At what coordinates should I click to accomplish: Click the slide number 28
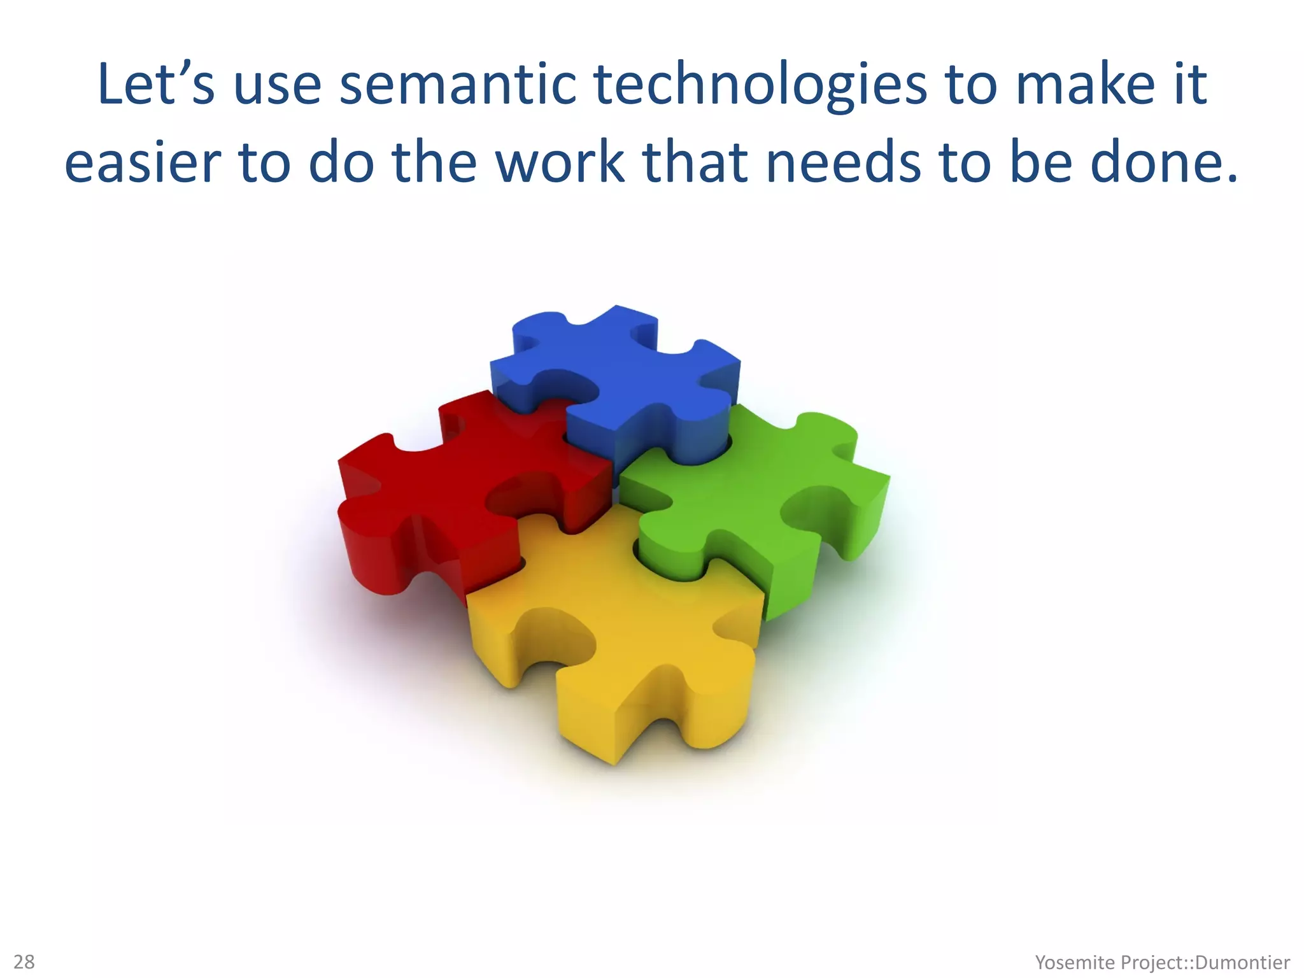[x=24, y=961]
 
